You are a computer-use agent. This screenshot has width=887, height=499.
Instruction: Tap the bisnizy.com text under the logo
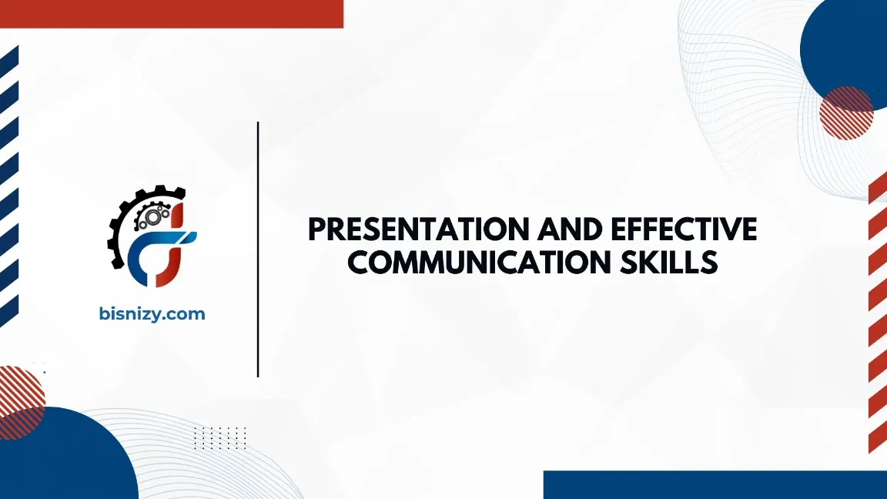pos(152,313)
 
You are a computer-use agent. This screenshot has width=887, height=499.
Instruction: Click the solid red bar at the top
pos(171,13)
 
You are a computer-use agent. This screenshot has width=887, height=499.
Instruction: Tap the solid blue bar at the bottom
pos(715,485)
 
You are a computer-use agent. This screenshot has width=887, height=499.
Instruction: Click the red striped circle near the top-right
pos(845,113)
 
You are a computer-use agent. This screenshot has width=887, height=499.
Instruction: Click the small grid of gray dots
pos(219,437)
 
